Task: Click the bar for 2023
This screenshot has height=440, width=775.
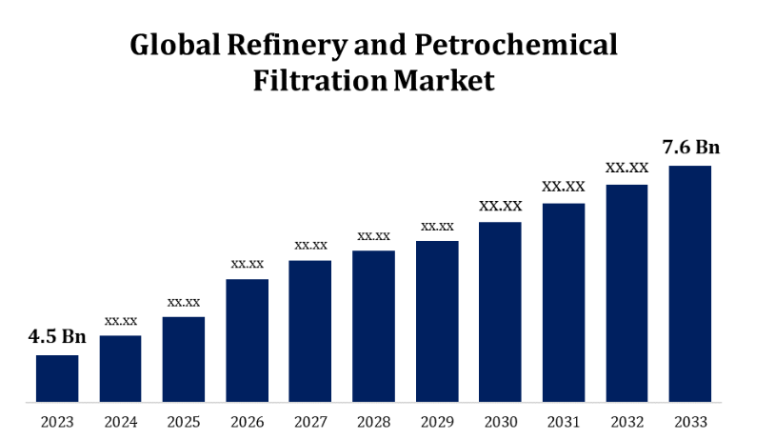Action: pos(57,377)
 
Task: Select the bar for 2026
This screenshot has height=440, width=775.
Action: pos(247,339)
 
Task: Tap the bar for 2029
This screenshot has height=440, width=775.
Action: pos(437,320)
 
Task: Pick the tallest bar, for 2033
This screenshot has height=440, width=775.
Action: pos(690,283)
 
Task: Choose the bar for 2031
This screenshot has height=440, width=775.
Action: pos(564,301)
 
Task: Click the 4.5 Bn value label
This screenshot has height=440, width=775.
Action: pos(57,336)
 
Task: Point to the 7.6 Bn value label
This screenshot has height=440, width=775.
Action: pos(690,147)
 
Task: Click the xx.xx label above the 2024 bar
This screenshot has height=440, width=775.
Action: pos(121,320)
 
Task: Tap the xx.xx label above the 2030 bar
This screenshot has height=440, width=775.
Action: pos(500,206)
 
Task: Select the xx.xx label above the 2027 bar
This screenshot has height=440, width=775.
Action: pos(310,245)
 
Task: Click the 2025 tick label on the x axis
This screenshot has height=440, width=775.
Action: pos(184,420)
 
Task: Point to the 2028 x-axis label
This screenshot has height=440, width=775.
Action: pos(373,420)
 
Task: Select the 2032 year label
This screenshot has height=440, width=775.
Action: pos(626,420)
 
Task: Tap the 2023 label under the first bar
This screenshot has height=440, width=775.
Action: pos(57,420)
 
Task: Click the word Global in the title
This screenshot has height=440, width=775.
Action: pos(172,46)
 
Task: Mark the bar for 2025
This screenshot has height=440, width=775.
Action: pos(184,358)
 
